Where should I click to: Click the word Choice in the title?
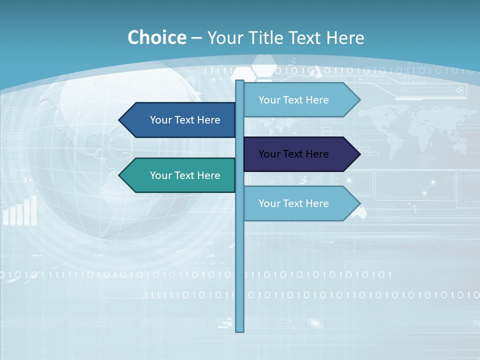156,38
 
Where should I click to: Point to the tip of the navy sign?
359,154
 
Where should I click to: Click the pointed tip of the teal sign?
120,175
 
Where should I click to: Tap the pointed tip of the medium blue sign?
120,120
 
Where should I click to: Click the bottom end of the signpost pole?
240,330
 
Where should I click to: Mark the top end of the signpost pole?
240,81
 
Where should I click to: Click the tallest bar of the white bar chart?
34,210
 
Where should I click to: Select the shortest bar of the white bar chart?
6,217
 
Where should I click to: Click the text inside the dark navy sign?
293,154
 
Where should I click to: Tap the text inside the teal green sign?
185,175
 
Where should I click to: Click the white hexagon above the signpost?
263,66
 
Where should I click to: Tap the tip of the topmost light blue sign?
359,100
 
